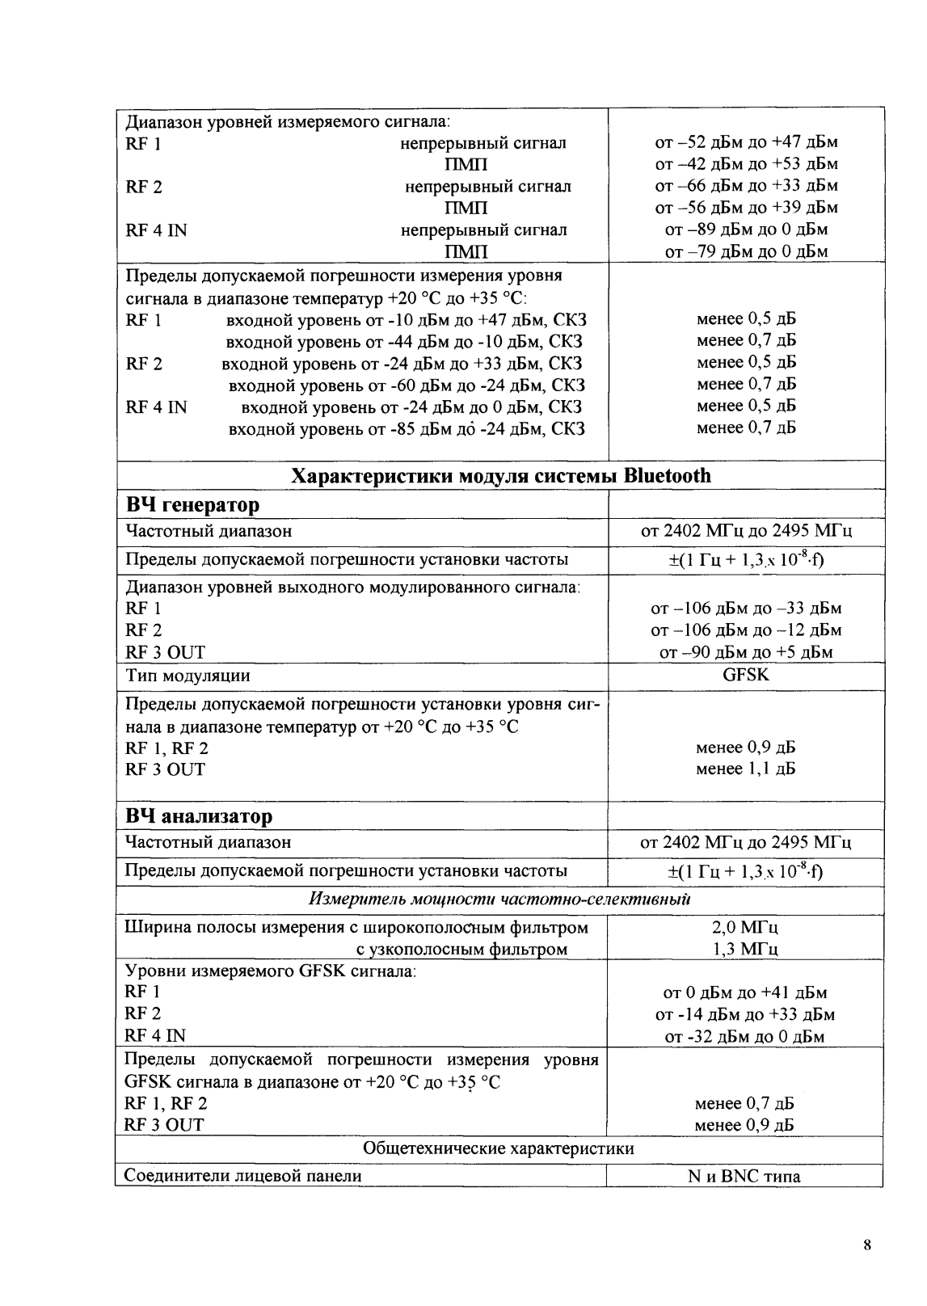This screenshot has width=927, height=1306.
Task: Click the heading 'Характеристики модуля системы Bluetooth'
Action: pos(500,475)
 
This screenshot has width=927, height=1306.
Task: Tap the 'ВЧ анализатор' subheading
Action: pos(199,816)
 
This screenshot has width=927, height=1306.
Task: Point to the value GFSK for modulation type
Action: pos(745,675)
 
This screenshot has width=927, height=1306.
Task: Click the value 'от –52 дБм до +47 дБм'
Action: pos(745,142)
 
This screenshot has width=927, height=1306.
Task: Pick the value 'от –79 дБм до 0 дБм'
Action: pos(745,251)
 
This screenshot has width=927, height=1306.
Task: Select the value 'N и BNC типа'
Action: pos(744,1176)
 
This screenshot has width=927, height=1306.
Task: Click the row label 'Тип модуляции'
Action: pos(188,676)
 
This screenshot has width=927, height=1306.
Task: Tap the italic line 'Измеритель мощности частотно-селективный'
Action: pos(499,899)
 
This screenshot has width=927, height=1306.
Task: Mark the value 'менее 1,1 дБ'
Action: pos(745,769)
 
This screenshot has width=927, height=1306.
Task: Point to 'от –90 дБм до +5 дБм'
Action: pos(745,652)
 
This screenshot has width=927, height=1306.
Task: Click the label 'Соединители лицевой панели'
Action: pos(243,1176)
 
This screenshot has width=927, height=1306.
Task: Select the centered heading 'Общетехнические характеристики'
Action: pos(499,1148)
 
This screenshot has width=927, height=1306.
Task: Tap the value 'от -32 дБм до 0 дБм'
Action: pos(744,1036)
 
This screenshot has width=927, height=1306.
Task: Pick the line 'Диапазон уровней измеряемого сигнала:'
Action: pos(288,122)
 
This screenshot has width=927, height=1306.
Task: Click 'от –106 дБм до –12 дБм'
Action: pos(745,630)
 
